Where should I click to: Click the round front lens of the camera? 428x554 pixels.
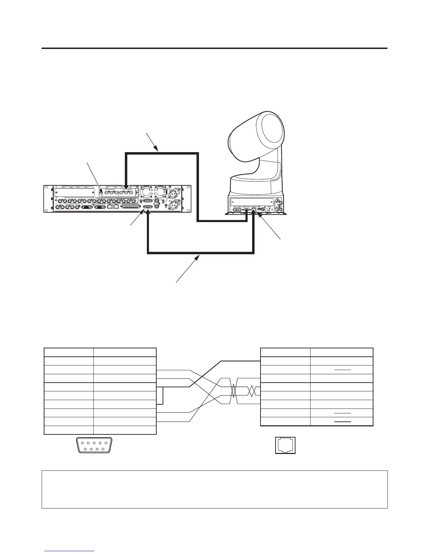pyautogui.click(x=271, y=130)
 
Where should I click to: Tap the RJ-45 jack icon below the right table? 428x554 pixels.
pyautogui.click(x=285, y=445)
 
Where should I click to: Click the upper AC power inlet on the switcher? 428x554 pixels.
pyautogui.click(x=174, y=192)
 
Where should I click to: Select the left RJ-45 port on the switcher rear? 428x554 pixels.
pyautogui.click(x=110, y=207)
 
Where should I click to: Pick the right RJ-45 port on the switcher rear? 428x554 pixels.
pyautogui.click(x=116, y=207)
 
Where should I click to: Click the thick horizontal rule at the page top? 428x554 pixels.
pyautogui.click(x=214, y=48)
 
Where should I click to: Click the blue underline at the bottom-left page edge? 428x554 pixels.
pyautogui.click(x=70, y=551)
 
